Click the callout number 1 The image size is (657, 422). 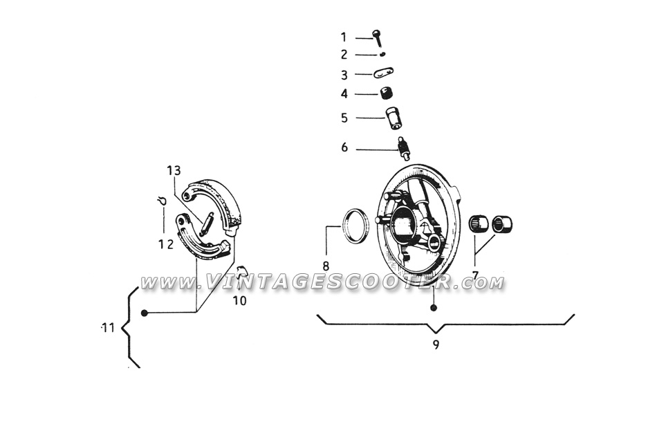[x=344, y=37]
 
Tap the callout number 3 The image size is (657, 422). [x=344, y=75]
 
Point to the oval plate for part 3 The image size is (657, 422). [x=383, y=73]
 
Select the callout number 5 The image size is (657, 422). [x=344, y=118]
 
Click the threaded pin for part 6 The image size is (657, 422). [x=403, y=148]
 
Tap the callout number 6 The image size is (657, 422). [x=344, y=147]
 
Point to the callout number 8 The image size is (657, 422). [x=326, y=266]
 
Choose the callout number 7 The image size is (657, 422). [x=475, y=275]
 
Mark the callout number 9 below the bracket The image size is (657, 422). [x=436, y=345]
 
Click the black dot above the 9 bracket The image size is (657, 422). [x=434, y=308]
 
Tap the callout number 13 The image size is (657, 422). [x=174, y=171]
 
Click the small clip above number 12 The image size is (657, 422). [x=162, y=201]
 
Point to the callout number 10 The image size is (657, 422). [x=240, y=300]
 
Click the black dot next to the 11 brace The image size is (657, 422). [x=145, y=313]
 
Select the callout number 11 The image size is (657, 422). [x=109, y=328]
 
